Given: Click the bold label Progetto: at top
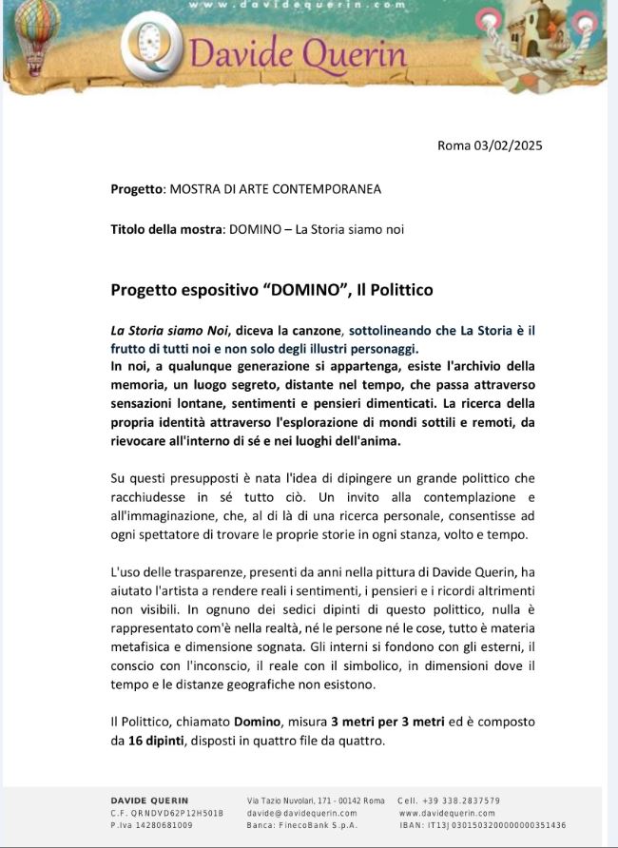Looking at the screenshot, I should [x=137, y=188].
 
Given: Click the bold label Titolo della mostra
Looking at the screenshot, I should [x=166, y=229].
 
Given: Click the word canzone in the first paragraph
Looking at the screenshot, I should [x=315, y=331].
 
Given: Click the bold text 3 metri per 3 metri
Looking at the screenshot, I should [x=389, y=722].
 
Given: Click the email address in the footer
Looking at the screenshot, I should [x=301, y=813].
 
